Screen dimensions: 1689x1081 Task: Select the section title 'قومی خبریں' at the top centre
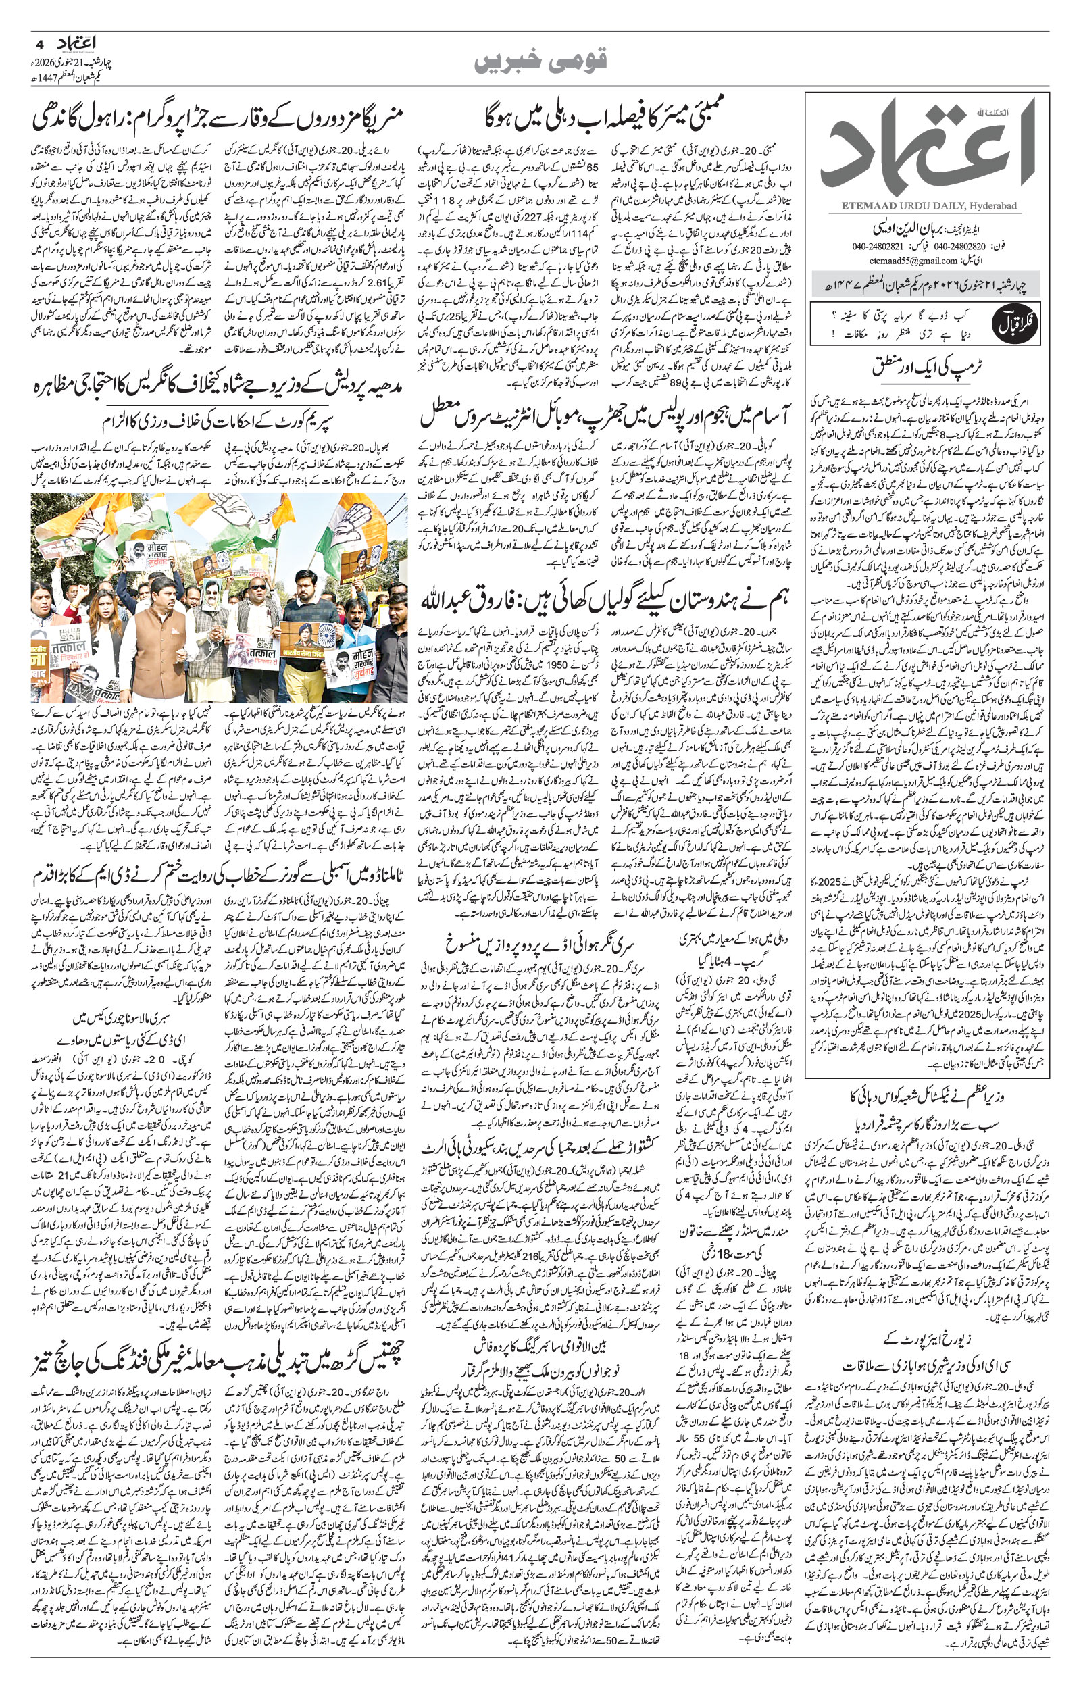click(x=540, y=61)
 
